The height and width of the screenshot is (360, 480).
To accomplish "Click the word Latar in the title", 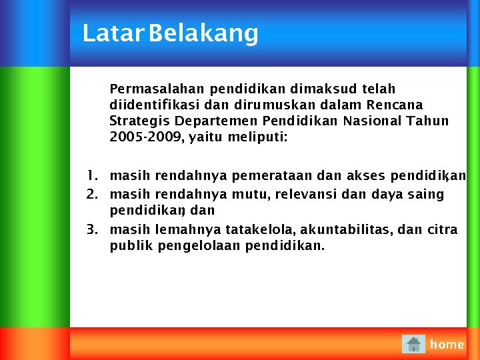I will (x=113, y=33).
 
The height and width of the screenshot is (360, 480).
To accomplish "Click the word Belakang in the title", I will (x=203, y=33).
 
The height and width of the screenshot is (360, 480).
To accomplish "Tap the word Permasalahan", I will (x=157, y=89).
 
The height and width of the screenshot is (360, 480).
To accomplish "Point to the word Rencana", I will (x=395, y=105).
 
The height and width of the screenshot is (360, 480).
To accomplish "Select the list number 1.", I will (x=91, y=175).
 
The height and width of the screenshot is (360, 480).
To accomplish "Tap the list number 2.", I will (x=91, y=194).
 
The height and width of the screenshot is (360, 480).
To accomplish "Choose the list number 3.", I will (x=91, y=229).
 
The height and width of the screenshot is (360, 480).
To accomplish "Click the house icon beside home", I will (x=413, y=344).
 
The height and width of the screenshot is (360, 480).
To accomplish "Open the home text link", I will (x=447, y=344).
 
